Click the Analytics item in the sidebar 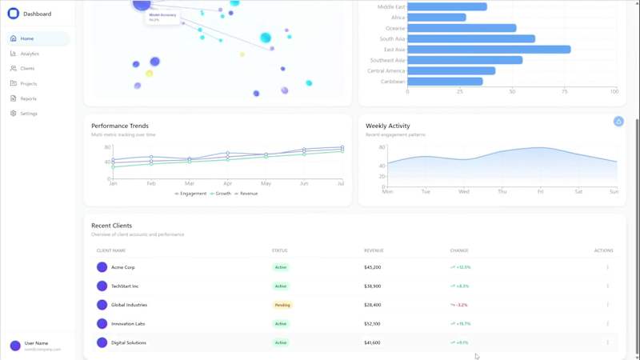click(29, 54)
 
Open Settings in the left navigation click(29, 114)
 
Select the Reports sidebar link click(28, 98)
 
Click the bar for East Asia click(489, 50)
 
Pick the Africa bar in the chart click(436, 18)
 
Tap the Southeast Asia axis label click(387, 60)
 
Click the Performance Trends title click(120, 126)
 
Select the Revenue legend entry click(248, 194)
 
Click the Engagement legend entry click(193, 194)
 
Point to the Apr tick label click(228, 184)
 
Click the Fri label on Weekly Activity click(540, 192)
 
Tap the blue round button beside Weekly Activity click(618, 121)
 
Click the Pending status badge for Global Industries click(282, 305)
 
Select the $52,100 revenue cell click(373, 324)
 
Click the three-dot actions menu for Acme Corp click(607, 267)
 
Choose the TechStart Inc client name click(125, 286)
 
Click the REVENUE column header click(374, 250)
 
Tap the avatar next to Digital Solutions click(102, 342)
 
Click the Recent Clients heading click(111, 226)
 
